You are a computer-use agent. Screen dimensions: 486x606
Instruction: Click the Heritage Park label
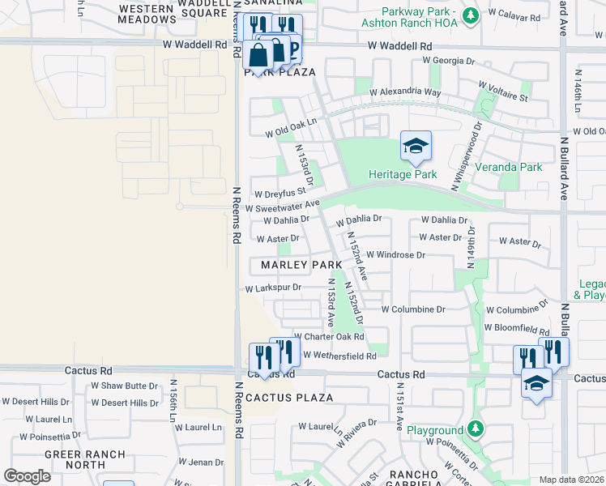[403, 174]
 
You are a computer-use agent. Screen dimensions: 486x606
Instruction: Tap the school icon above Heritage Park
[416, 147]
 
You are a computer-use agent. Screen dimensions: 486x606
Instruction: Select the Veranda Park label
[520, 167]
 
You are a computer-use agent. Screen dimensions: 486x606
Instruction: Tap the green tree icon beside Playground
[476, 428]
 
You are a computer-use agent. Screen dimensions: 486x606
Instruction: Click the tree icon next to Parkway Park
[469, 15]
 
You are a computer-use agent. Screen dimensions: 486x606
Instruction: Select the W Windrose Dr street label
[395, 254]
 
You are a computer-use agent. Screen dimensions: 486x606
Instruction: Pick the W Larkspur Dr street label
[274, 288]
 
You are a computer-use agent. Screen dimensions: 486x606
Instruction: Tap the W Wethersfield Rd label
[339, 356]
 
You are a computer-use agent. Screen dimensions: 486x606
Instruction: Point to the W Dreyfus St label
[279, 194]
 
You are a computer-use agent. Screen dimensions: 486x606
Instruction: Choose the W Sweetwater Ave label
[283, 207]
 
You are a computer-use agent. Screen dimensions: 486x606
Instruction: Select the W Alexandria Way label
[405, 92]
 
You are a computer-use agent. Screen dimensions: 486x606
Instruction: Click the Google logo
[27, 476]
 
